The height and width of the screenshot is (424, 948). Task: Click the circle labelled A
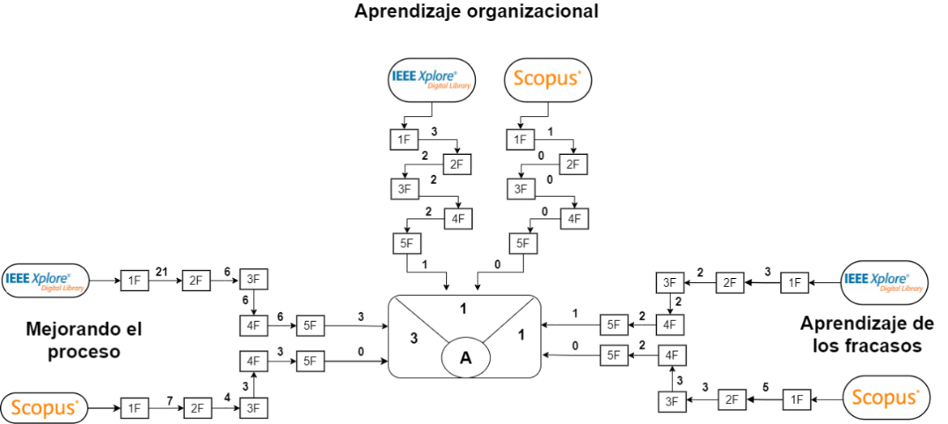click(465, 358)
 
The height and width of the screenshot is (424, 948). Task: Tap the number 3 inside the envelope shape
click(414, 339)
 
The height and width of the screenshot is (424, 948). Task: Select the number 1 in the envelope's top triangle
click(464, 309)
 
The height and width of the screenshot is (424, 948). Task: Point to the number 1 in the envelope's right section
click(521, 334)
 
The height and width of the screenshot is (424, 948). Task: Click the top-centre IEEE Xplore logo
click(432, 79)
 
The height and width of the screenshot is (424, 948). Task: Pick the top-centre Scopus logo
click(548, 79)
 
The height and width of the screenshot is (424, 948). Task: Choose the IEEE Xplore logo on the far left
click(46, 281)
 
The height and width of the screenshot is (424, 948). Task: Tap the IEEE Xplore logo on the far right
click(884, 282)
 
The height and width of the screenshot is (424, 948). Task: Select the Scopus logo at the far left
click(44, 408)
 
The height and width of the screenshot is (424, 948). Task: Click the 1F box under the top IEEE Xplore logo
click(405, 139)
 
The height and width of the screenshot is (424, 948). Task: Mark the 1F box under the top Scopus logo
click(521, 139)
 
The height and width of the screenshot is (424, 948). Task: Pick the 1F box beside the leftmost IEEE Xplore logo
click(135, 281)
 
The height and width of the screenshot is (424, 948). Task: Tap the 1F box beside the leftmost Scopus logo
click(135, 408)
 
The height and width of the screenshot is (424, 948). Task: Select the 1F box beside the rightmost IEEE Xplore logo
click(795, 282)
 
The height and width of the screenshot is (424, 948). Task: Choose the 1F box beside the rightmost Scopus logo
click(797, 399)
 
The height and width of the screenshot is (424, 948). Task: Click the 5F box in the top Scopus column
click(523, 243)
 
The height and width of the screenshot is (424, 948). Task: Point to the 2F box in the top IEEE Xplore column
click(457, 164)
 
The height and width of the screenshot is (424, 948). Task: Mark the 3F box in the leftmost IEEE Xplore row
click(253, 280)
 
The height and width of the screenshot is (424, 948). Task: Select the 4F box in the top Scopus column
click(573, 218)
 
